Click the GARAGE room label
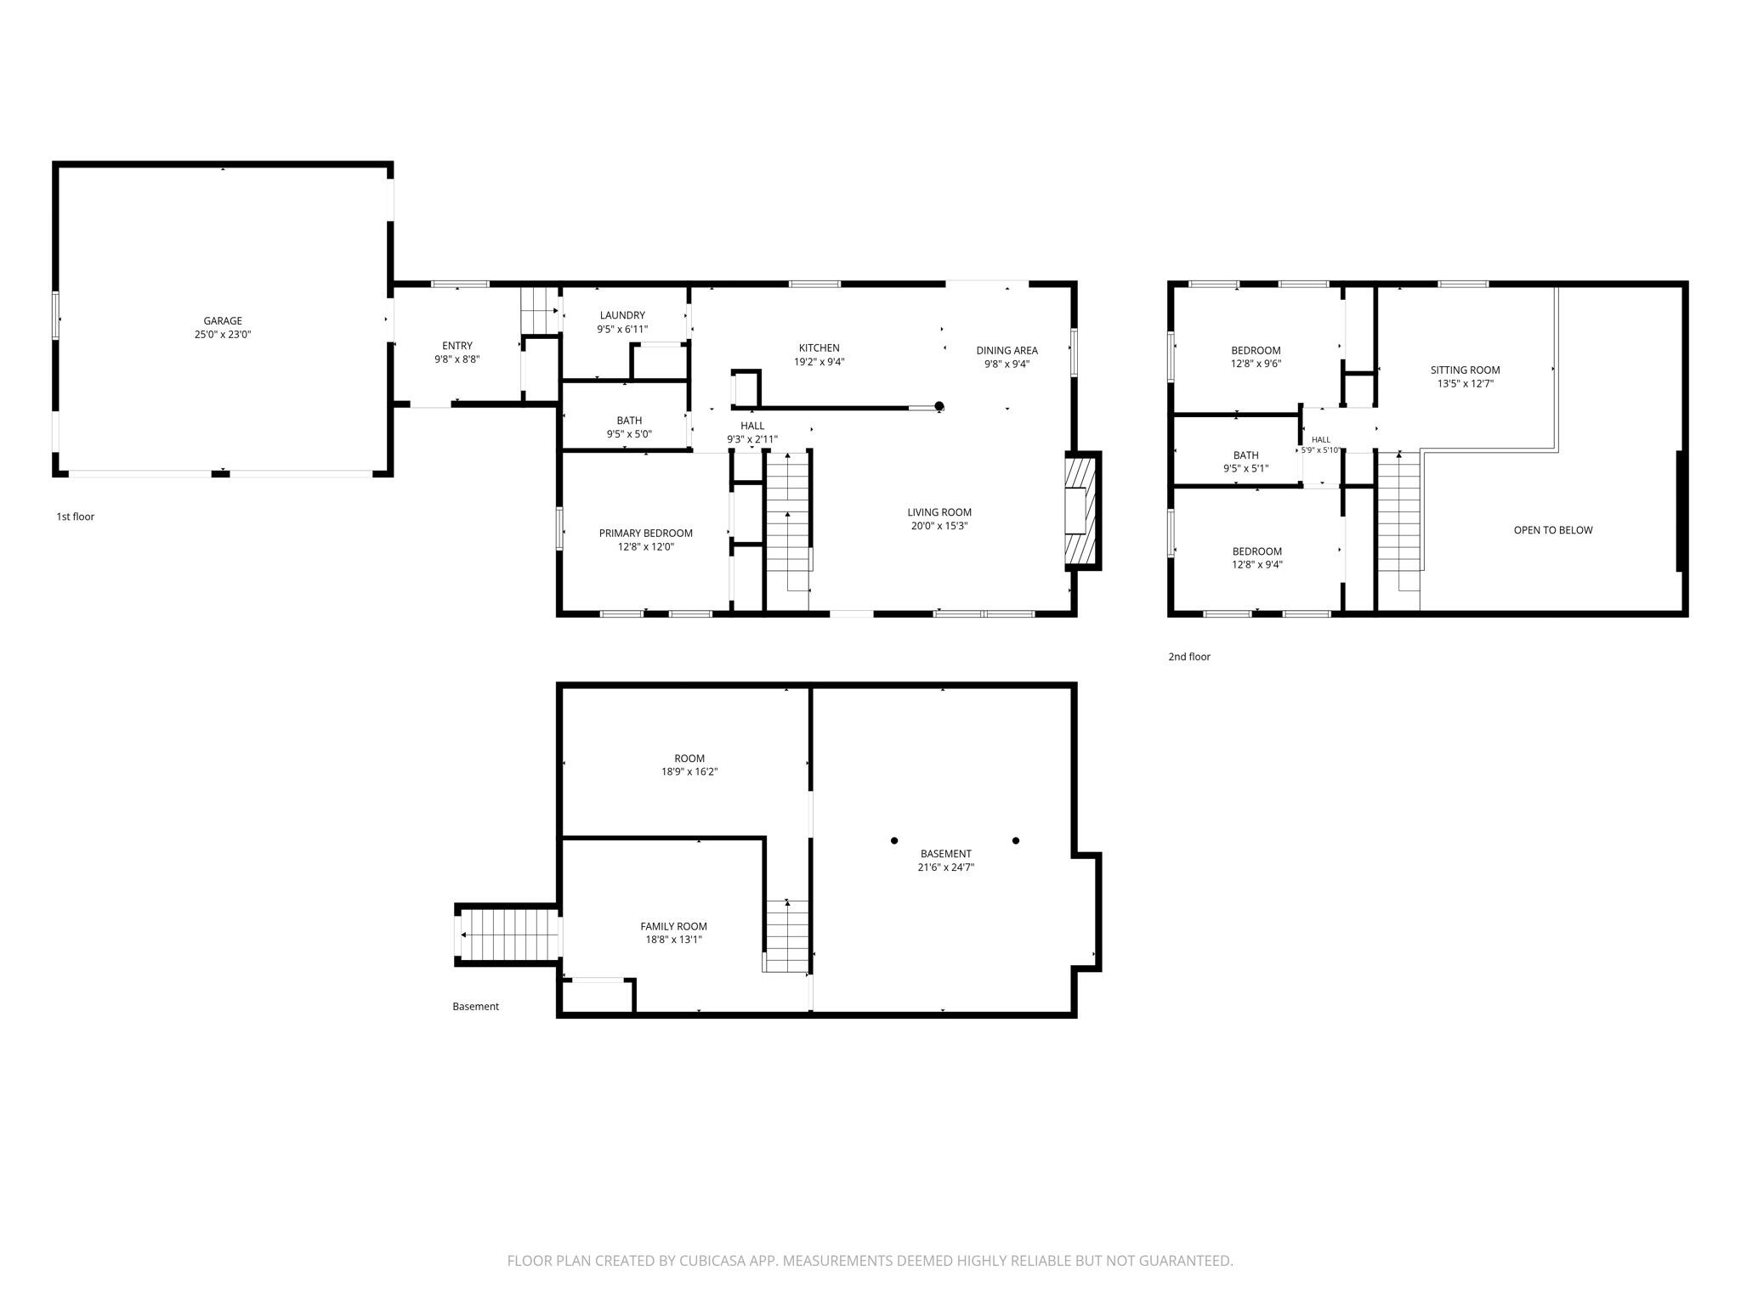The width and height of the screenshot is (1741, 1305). (x=223, y=321)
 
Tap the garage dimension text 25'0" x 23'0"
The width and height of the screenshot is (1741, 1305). (x=223, y=335)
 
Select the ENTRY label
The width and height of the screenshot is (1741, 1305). (x=457, y=346)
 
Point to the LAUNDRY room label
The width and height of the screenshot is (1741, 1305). (x=622, y=315)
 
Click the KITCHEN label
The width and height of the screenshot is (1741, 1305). (x=819, y=347)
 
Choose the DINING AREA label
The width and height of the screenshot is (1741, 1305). (x=1007, y=350)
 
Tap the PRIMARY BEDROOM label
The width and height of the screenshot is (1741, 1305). (x=646, y=534)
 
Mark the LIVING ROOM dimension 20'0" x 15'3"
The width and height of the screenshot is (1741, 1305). (x=939, y=526)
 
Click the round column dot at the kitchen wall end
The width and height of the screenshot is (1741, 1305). (x=939, y=406)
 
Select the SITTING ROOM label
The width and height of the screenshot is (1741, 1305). (x=1466, y=370)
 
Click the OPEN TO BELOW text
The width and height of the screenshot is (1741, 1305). (x=1553, y=530)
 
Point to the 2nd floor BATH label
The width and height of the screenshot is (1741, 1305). (x=1246, y=455)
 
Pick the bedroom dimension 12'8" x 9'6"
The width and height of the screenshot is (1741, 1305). (x=1256, y=364)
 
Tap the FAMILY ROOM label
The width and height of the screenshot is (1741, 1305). (x=674, y=926)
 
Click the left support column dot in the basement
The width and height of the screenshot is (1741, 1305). (x=894, y=841)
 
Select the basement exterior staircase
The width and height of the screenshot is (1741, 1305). (x=508, y=935)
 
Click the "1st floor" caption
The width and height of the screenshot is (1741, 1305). (x=76, y=517)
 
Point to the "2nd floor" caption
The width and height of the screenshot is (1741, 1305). (x=1189, y=657)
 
